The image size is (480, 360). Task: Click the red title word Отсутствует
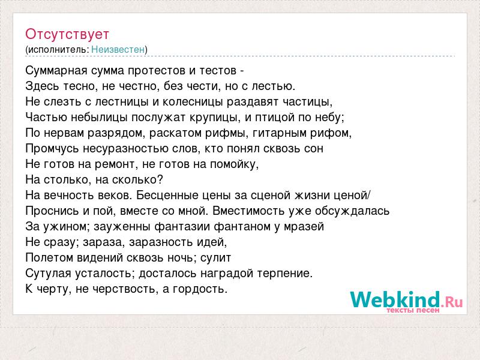click(x=67, y=34)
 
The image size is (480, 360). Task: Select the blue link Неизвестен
click(x=118, y=49)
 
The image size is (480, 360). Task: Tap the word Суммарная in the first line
click(x=56, y=71)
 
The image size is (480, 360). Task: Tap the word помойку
click(x=234, y=164)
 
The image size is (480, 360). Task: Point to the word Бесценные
click(x=167, y=196)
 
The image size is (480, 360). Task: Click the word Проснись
click(x=52, y=211)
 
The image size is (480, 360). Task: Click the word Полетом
click(x=49, y=258)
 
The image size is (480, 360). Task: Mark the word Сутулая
click(x=49, y=273)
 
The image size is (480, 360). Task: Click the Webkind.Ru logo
click(x=406, y=301)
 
